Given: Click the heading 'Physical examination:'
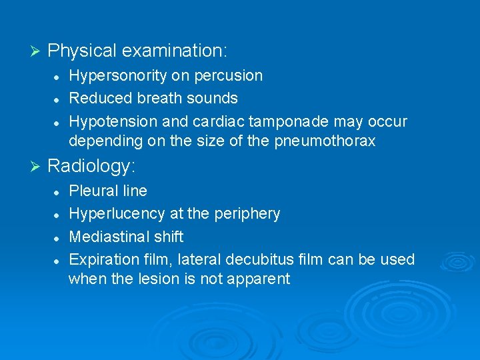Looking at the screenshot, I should click(x=137, y=51).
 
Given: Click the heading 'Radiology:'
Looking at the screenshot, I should click(x=96, y=165).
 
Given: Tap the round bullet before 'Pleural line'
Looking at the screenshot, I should click(x=58, y=191).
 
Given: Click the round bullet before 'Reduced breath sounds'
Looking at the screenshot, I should click(x=58, y=99).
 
